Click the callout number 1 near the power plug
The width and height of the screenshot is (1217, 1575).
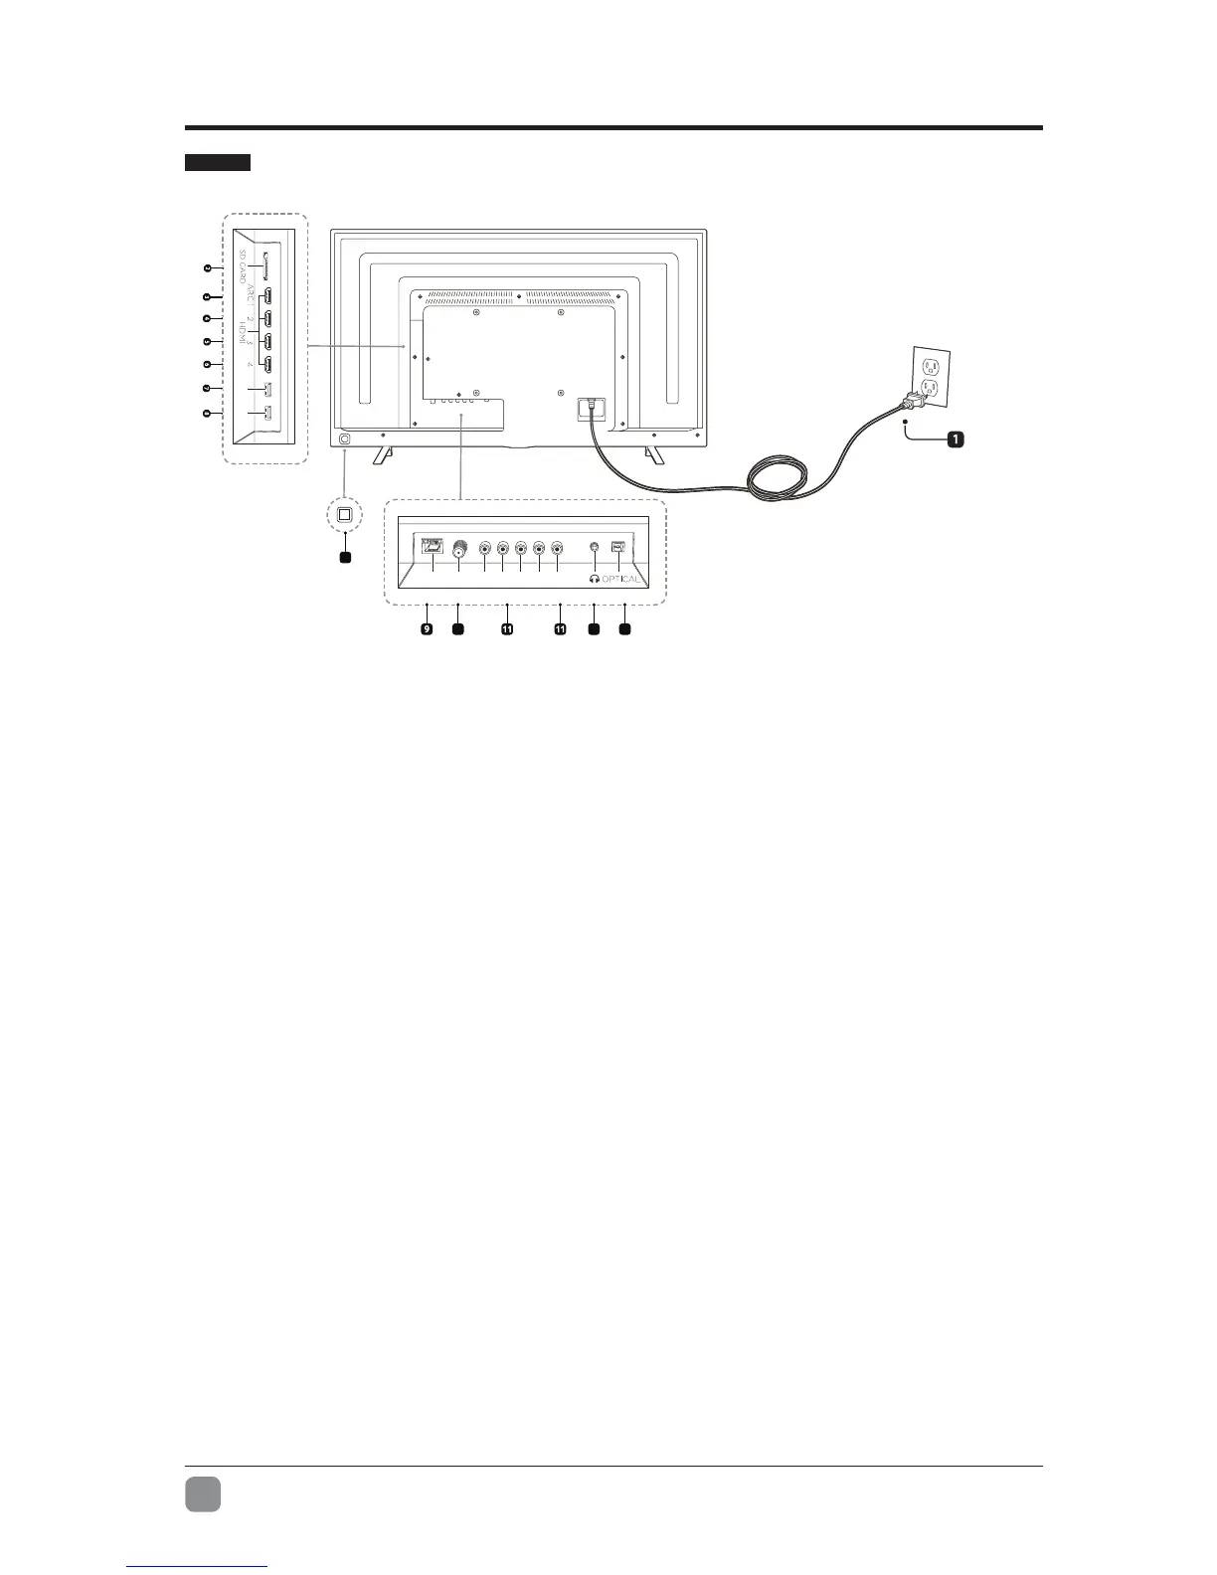955,439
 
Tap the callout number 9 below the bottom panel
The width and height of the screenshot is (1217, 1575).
427,629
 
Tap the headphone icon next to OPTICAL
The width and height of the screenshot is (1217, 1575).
594,580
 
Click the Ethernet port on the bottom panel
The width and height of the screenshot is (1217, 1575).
433,546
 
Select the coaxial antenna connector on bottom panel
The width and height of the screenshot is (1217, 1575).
459,548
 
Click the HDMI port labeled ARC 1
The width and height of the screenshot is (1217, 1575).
268,296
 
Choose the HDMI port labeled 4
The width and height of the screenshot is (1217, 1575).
268,365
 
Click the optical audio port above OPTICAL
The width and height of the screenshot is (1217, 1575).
618,547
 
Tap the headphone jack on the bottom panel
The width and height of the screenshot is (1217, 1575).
594,547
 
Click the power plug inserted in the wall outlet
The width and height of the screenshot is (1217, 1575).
913,401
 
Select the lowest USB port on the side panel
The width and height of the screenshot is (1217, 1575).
268,414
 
